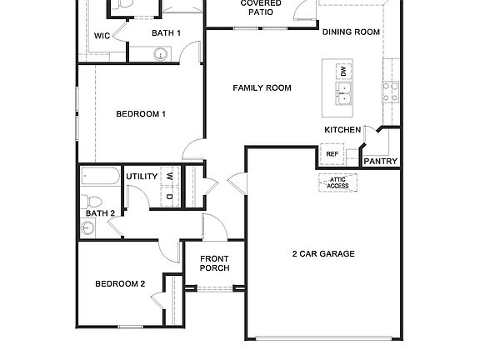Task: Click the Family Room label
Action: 262,87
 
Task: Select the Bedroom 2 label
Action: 120,283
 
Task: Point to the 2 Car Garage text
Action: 323,253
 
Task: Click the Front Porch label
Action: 214,263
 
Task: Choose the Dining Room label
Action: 351,32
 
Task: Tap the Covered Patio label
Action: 261,8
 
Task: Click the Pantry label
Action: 380,161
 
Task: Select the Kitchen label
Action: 342,130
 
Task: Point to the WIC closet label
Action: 102,36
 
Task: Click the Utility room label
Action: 142,177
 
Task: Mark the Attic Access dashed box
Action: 337,182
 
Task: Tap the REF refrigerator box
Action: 332,154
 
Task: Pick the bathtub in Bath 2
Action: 100,177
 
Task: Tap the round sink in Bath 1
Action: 161,55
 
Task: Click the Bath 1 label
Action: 166,33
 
